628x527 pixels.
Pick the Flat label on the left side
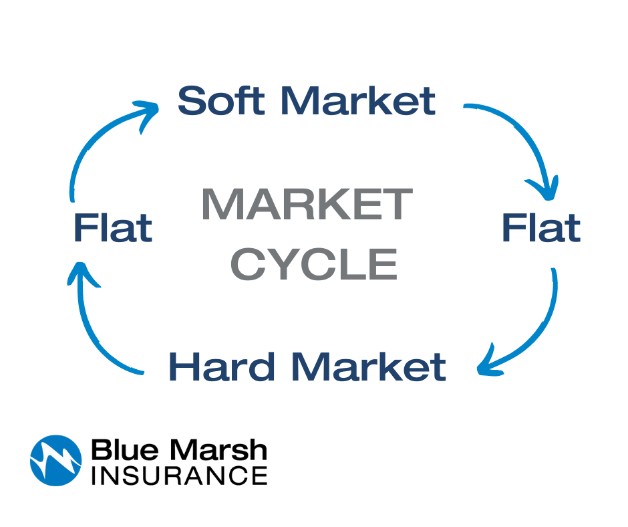[113, 227]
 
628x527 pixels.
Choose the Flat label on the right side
[540, 227]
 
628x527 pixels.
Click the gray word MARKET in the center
[307, 205]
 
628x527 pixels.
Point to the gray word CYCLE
[314, 263]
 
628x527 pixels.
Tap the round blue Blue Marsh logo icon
[56, 460]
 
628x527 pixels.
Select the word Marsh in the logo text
[214, 449]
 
